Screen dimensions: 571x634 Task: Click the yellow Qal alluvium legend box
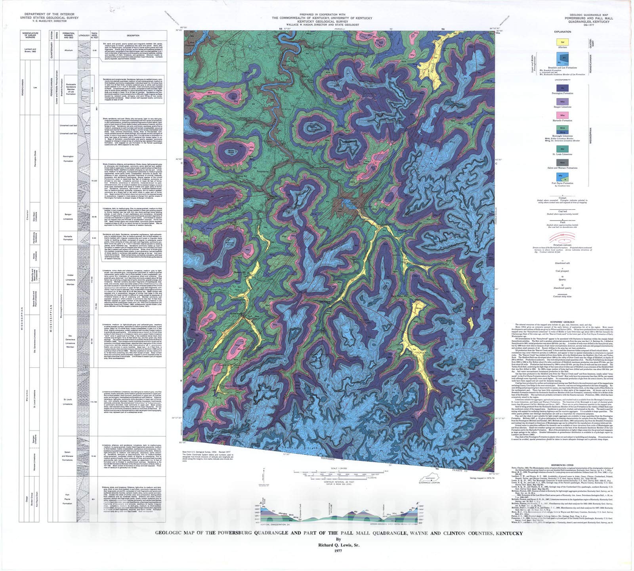(562, 41)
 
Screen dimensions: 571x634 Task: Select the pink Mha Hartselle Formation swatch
(562, 115)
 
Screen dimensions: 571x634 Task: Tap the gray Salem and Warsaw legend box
(562, 163)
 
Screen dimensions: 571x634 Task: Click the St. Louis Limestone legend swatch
(562, 149)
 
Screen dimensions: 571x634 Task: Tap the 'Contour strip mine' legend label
(562, 297)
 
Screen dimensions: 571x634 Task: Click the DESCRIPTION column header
(133, 35)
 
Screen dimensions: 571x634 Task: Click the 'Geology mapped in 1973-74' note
(481, 479)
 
